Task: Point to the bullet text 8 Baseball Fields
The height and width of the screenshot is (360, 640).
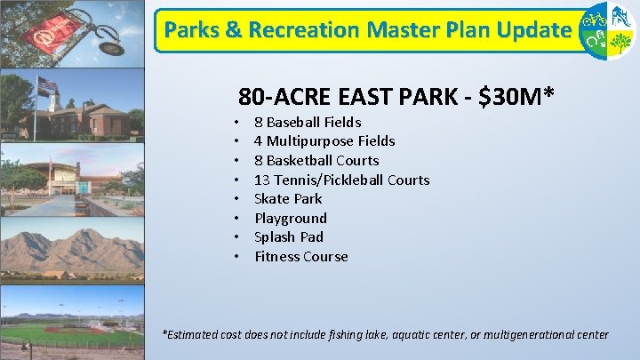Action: point(308,122)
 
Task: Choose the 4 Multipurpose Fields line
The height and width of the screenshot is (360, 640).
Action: point(324,140)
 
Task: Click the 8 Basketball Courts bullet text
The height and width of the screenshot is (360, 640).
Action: point(316,160)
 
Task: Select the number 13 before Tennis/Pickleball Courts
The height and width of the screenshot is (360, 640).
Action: point(262,180)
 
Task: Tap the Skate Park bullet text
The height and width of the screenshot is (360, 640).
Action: point(288,198)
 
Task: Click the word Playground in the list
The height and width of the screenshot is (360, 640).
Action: point(291,218)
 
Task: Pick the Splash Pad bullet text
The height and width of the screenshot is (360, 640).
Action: point(289,236)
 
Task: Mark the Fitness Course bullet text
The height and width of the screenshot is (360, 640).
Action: point(301,256)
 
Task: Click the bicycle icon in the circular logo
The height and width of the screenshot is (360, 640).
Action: point(592,19)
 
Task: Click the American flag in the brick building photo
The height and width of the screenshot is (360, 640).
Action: point(46,85)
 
